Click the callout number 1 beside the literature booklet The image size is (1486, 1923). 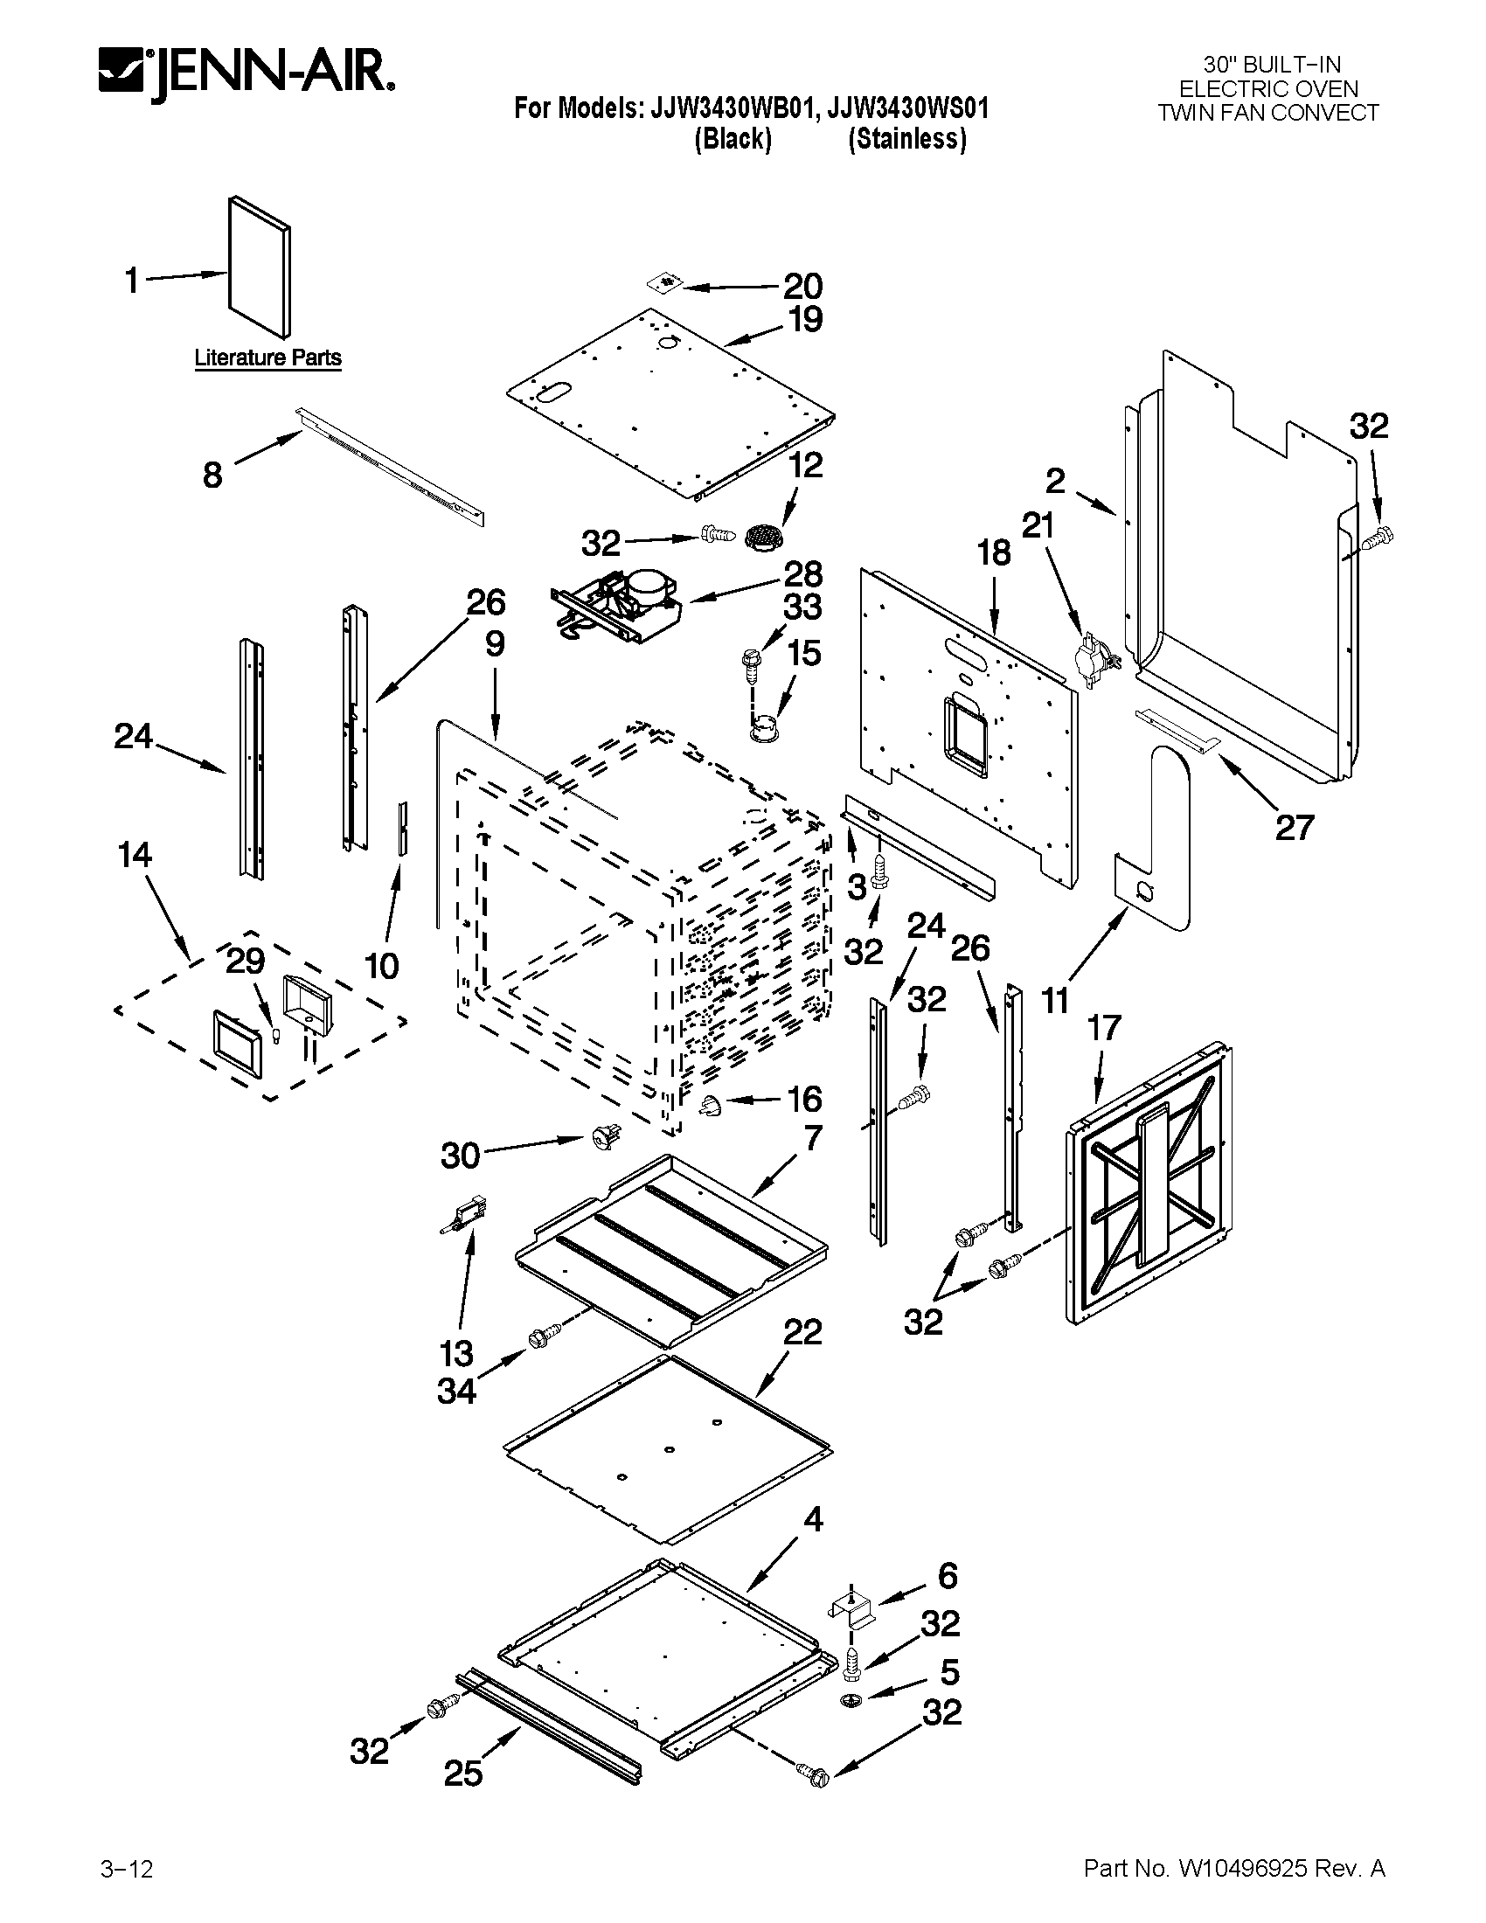point(132,281)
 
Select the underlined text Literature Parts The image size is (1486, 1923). point(267,358)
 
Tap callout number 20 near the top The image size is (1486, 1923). point(802,286)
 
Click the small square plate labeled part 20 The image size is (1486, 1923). point(666,282)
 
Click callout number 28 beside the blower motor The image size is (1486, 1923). point(802,574)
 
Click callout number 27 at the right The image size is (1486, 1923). point(1294,827)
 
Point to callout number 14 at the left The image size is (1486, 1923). point(134,855)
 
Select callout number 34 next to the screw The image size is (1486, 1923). point(456,1392)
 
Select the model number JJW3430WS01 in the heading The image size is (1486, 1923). point(907,108)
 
